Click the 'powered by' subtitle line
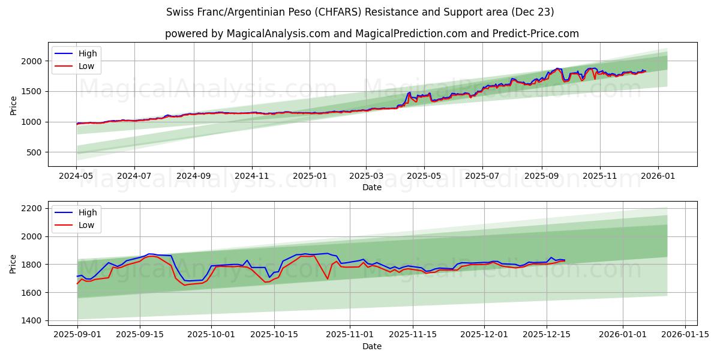tap(372, 34)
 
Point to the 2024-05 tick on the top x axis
tap(76, 176)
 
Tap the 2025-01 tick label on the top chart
tap(310, 176)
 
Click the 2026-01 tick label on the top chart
tap(658, 176)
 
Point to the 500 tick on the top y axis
tap(33, 152)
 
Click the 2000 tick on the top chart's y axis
tap(31, 61)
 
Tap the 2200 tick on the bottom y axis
tap(31, 208)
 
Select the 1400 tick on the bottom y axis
tap(31, 320)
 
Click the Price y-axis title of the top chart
tap(14, 105)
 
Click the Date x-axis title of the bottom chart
tap(372, 346)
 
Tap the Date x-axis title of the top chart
tap(372, 187)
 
